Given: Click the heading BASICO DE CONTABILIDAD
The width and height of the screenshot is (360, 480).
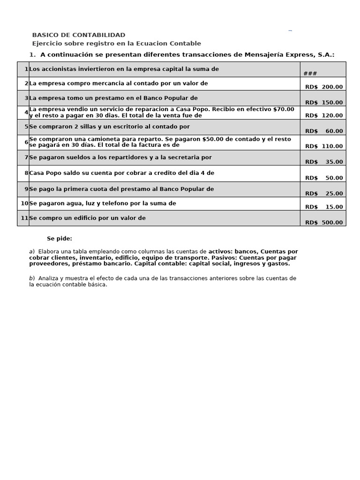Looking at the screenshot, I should pos(78,35).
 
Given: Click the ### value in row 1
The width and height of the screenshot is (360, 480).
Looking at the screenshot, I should pos(310,74).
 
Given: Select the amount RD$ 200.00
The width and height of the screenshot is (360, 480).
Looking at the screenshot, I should pos(323,87).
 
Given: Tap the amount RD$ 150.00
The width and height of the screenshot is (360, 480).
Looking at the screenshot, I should pos(323,102).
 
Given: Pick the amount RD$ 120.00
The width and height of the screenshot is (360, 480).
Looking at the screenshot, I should pos(323,115).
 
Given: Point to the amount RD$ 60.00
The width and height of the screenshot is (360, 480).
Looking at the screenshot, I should pos(323,131).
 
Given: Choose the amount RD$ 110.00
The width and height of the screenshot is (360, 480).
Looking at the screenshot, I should pos(323,146).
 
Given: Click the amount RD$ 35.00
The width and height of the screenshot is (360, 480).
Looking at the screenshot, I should pos(323,162).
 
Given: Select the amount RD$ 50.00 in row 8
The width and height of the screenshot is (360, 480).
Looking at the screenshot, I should pos(323,178).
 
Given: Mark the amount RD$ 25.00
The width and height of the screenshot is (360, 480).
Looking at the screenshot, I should pos(323,193).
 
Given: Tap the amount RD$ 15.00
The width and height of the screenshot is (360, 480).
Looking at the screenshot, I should pos(323,207).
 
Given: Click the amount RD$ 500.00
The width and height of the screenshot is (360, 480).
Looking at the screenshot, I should pos(323,223).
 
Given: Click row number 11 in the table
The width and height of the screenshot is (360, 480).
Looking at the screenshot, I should pos(24,218).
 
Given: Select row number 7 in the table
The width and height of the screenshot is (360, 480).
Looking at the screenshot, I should pos(26,157).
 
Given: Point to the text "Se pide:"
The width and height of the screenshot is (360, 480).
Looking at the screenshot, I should pos(60,239).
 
